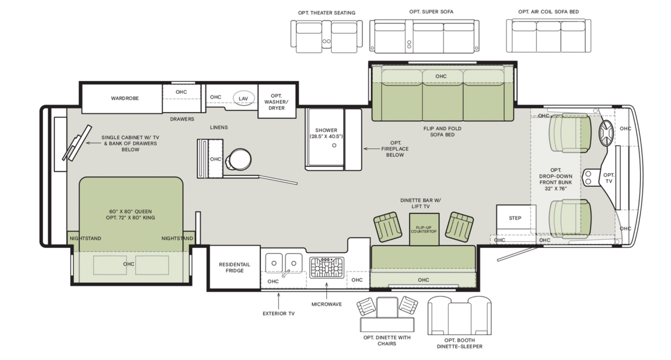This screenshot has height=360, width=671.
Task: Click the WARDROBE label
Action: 125,99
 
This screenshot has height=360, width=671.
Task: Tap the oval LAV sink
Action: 243,99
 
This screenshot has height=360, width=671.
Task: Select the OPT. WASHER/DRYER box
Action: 277,102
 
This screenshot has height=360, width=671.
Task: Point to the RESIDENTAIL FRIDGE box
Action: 234,268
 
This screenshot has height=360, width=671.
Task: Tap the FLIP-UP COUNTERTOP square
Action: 424,229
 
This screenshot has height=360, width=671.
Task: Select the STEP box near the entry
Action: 515,219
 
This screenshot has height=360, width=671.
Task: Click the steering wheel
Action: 605,134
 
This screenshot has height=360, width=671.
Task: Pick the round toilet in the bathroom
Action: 237,159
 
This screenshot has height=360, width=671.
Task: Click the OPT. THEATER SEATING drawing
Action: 327,36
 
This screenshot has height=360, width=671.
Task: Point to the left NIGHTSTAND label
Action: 85,239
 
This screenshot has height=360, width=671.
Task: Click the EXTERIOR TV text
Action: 278,313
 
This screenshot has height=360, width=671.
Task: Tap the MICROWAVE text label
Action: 327,304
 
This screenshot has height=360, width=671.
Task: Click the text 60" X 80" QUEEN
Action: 130,211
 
